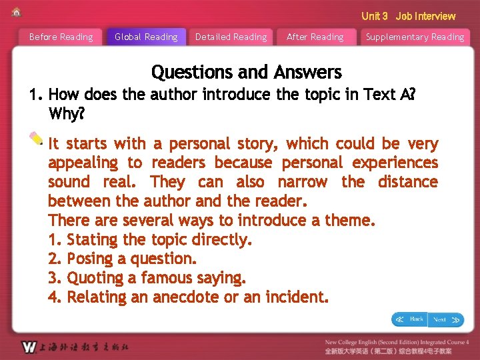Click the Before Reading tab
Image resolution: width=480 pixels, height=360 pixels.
[x=61, y=37]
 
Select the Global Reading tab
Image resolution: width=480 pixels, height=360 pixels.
[x=146, y=37]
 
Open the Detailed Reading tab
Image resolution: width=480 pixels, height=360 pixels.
[x=231, y=37]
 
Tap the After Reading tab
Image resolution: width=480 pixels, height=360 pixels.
[x=315, y=37]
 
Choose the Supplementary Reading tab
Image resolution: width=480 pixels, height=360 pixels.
[x=415, y=37]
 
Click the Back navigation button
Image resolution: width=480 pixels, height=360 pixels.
[x=409, y=319]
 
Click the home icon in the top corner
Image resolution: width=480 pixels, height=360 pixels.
[x=17, y=12]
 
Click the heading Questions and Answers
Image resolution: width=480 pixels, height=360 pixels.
[x=246, y=72]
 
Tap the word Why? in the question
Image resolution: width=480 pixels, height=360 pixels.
[x=67, y=114]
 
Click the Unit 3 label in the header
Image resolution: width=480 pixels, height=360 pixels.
[x=374, y=16]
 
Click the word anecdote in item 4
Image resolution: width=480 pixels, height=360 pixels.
[x=186, y=297]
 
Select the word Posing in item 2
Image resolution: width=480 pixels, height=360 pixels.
[x=90, y=259]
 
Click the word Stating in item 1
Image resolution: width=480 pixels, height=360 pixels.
[x=92, y=239]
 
